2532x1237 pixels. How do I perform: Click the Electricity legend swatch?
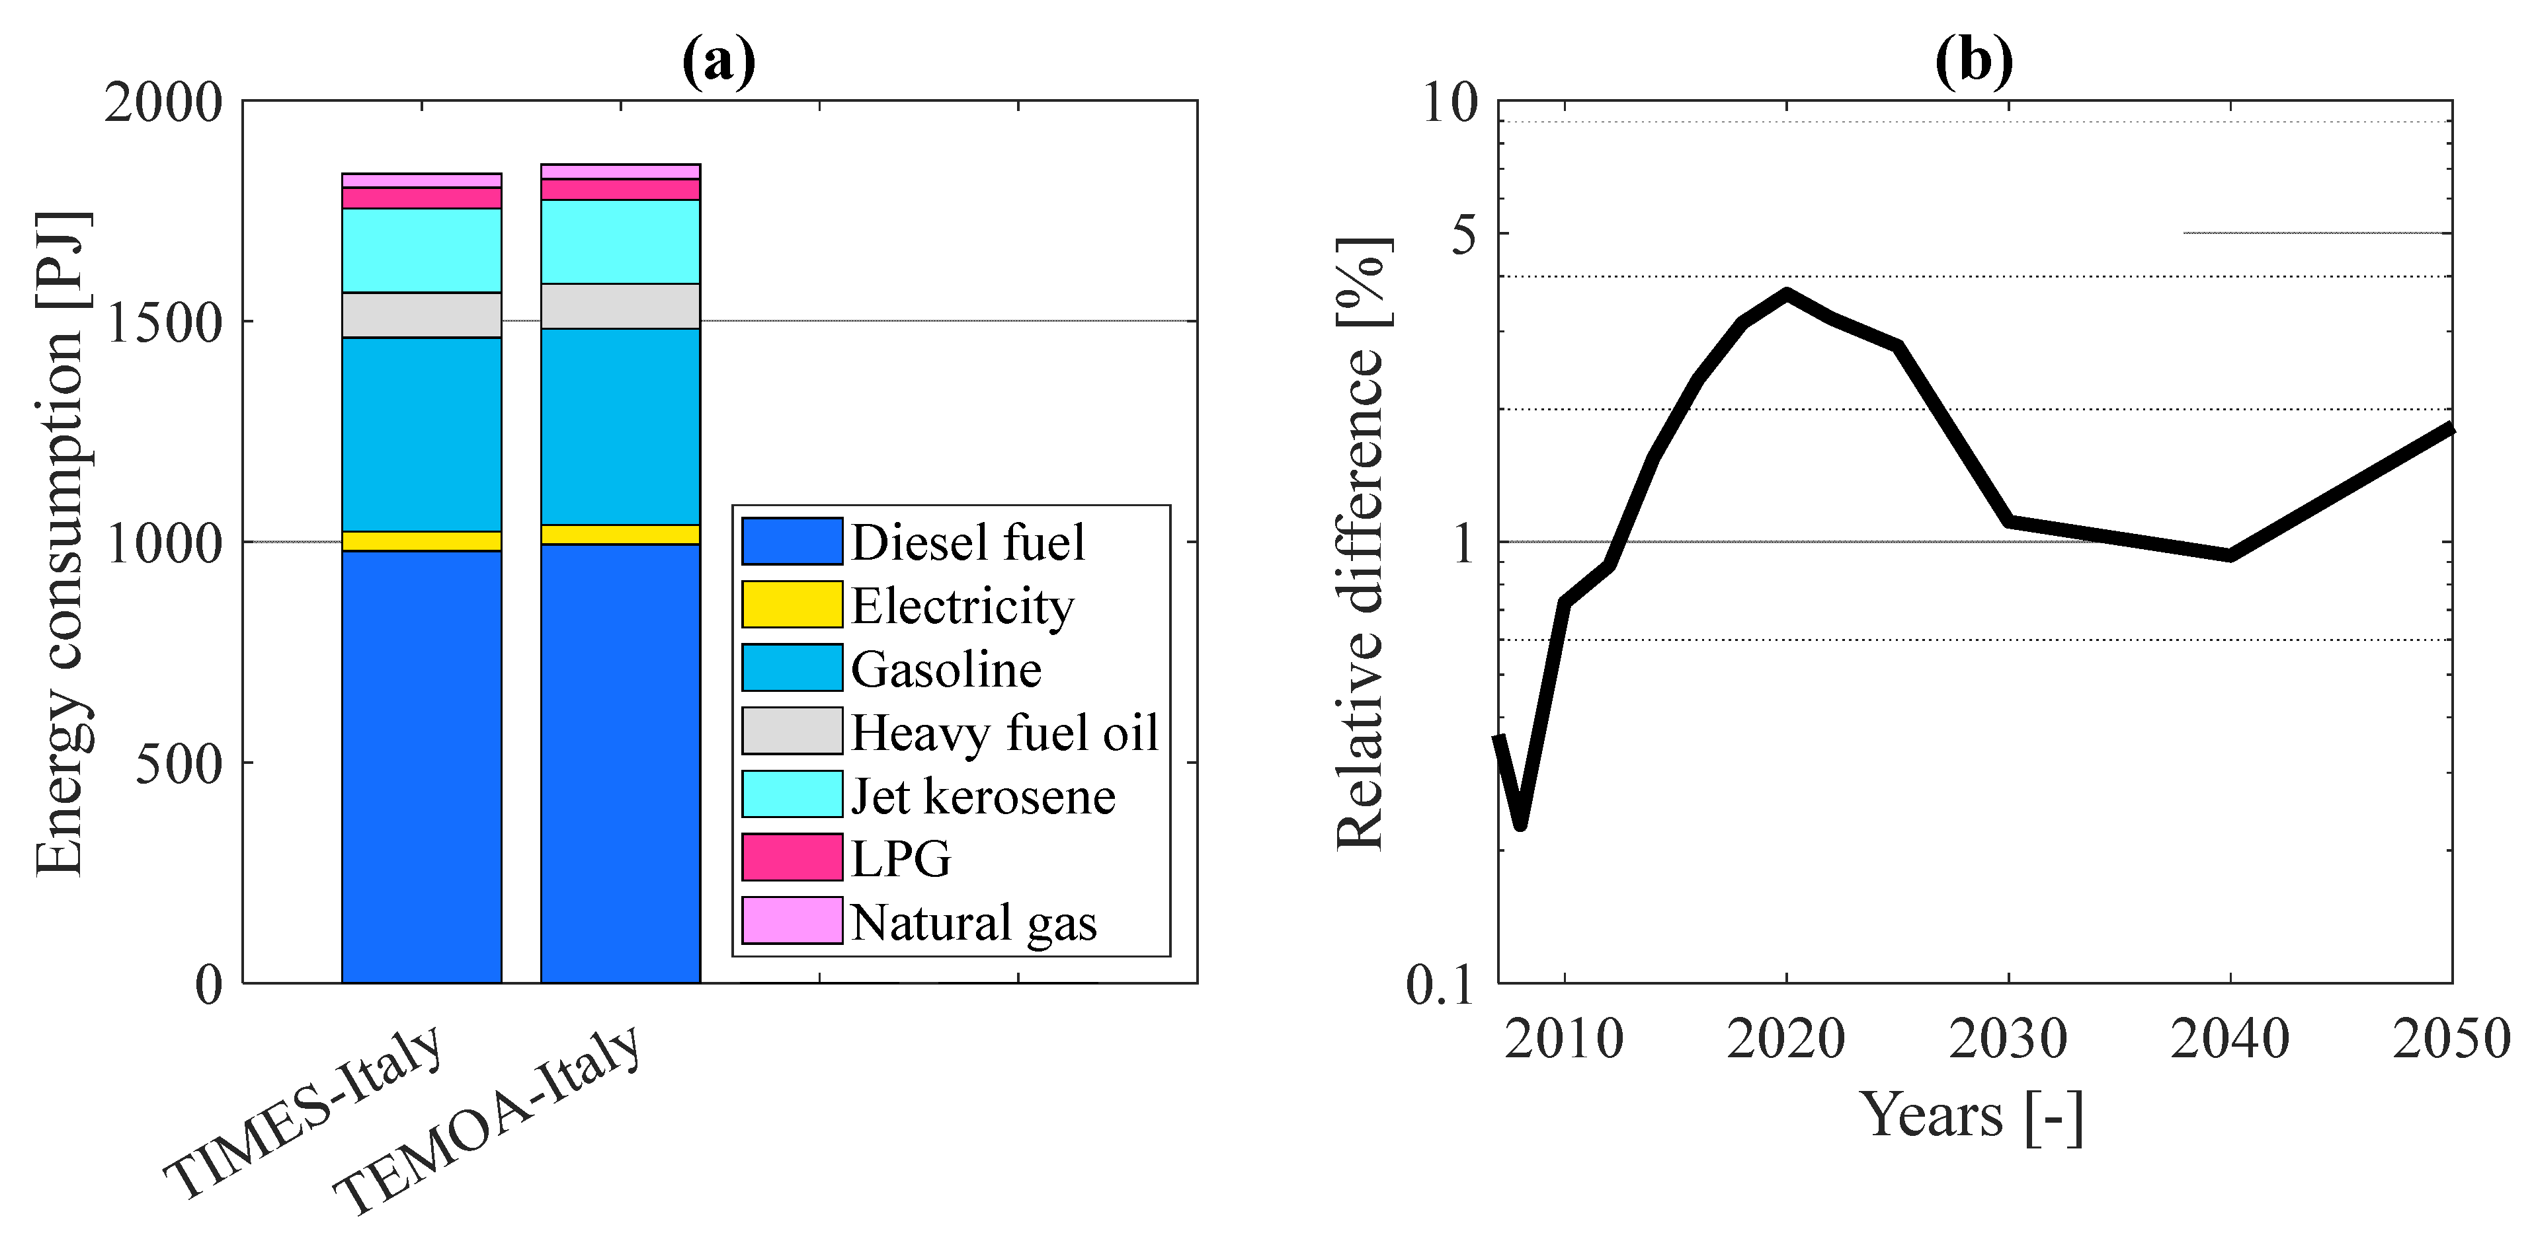[792, 604]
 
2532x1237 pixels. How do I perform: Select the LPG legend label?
[901, 858]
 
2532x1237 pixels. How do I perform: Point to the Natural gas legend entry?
[973, 922]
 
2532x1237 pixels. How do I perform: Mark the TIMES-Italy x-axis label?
[305, 1110]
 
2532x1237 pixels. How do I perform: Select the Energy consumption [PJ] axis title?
[61, 543]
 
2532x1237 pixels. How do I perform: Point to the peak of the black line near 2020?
[1786, 293]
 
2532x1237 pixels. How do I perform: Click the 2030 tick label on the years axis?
[2008, 1039]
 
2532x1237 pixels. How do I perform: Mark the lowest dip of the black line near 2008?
[1520, 823]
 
